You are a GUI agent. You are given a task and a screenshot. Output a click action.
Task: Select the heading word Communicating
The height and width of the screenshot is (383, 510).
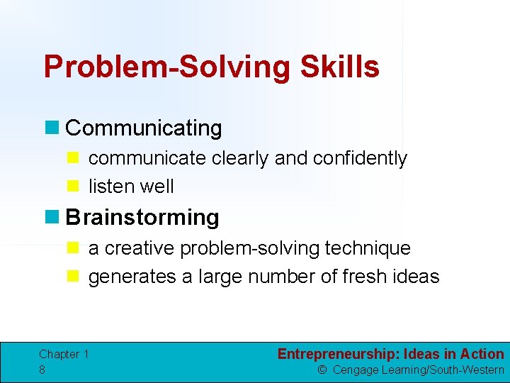click(x=144, y=128)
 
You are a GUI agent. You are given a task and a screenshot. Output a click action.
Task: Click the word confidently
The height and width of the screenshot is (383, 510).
click(x=361, y=158)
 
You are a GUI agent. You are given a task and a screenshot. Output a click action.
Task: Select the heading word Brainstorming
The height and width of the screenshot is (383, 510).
click(x=142, y=217)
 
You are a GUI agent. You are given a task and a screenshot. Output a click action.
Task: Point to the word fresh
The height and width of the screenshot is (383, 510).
click(x=367, y=277)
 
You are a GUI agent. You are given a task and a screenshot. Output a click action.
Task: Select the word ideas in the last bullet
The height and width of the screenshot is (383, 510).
click(x=419, y=277)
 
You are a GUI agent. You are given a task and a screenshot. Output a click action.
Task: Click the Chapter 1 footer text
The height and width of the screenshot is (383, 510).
click(x=64, y=354)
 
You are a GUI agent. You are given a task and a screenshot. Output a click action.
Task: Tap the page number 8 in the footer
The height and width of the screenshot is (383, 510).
click(x=42, y=370)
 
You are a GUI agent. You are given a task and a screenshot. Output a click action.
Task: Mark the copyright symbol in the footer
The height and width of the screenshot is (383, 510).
click(x=322, y=370)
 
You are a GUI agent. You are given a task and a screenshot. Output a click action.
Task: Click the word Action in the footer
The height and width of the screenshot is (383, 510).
click(x=482, y=354)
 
